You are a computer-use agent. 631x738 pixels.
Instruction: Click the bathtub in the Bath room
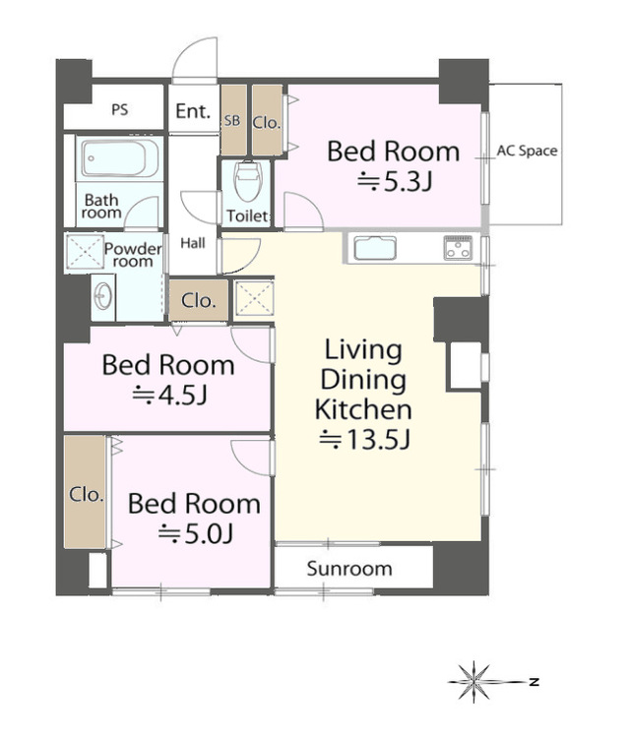click(120, 157)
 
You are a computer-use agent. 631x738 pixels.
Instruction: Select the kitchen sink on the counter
click(375, 248)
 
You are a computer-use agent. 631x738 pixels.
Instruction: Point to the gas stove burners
click(458, 248)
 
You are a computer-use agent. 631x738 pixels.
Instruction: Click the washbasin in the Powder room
click(103, 297)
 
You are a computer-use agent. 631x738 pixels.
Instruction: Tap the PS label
click(120, 110)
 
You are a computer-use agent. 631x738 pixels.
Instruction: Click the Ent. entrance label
click(193, 111)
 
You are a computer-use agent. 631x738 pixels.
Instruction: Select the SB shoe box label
click(231, 121)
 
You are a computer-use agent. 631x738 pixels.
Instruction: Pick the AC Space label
click(527, 152)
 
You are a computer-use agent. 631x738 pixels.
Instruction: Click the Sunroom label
click(349, 569)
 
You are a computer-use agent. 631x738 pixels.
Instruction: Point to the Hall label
click(193, 243)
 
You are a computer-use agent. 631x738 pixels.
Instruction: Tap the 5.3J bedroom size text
click(395, 181)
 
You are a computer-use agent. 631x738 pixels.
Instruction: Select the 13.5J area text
click(365, 440)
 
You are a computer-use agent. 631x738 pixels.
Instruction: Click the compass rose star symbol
click(474, 682)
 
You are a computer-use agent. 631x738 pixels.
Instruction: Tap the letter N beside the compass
click(534, 681)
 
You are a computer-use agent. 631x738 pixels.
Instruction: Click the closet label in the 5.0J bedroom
click(87, 494)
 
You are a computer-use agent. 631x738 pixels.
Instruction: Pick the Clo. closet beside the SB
click(267, 122)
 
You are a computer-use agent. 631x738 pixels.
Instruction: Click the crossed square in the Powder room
click(85, 252)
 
